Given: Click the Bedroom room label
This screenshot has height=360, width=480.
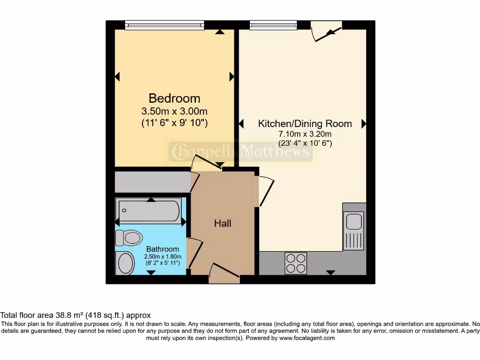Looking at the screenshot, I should [174, 98].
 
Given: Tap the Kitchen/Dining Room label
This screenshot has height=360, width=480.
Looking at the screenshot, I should [305, 124].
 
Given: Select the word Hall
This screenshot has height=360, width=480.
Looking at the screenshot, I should [223, 224].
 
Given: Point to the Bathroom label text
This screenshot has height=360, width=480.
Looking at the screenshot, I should [162, 249].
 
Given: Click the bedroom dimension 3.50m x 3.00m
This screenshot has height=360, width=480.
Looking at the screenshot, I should [174, 112].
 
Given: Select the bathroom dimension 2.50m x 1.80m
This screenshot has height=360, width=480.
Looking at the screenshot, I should [162, 256].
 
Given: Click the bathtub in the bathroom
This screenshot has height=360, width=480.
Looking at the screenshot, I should [149, 210].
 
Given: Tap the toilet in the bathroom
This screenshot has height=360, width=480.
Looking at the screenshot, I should [128, 238].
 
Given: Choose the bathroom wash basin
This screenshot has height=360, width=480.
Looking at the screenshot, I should [126, 262].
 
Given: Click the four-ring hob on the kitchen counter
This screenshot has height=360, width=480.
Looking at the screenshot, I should [296, 263].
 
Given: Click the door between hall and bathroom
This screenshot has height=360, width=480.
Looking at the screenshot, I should [195, 254].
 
